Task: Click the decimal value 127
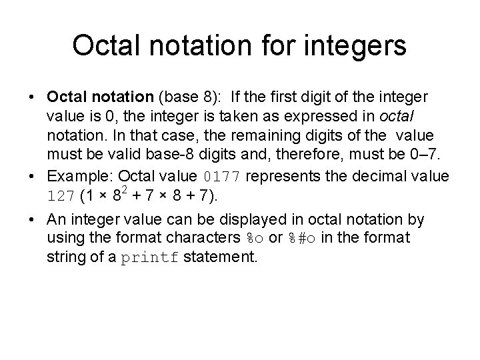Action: click(61, 197)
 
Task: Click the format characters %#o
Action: click(300, 238)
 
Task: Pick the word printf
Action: click(150, 257)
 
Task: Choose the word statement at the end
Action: click(219, 257)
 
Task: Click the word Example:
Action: click(75, 177)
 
